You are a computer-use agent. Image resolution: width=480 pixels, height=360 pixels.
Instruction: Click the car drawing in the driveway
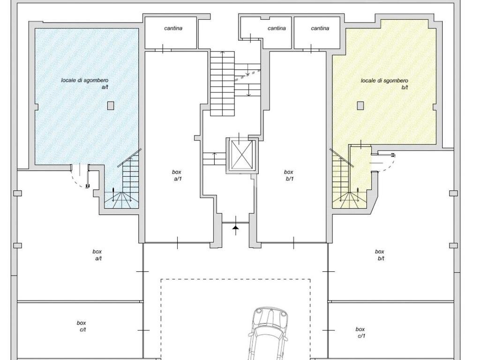(268, 334)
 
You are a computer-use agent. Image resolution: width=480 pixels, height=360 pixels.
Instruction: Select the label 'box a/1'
(177, 175)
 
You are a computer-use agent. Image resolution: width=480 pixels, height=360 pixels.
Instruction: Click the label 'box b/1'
(289, 175)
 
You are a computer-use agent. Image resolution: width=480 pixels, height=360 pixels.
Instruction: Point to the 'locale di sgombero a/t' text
(85, 83)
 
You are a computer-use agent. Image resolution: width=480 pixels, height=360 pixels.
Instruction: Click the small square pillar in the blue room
(111, 105)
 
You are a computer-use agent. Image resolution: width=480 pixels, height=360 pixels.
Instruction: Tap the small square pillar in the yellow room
(360, 105)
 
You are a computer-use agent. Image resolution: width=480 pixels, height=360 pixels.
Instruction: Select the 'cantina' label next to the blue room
(173, 28)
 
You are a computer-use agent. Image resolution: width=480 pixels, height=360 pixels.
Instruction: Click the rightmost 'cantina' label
(320, 28)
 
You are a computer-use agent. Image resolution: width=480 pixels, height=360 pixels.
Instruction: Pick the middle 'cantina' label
(277, 28)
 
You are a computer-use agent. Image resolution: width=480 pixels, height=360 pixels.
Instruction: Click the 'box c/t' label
(82, 326)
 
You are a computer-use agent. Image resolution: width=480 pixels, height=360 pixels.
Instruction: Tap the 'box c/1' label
(360, 332)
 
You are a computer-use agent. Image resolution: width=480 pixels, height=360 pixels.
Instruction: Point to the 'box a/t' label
(97, 255)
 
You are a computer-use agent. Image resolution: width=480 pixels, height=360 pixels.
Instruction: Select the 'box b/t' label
(380, 255)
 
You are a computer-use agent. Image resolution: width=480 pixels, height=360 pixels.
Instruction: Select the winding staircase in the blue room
(123, 187)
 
